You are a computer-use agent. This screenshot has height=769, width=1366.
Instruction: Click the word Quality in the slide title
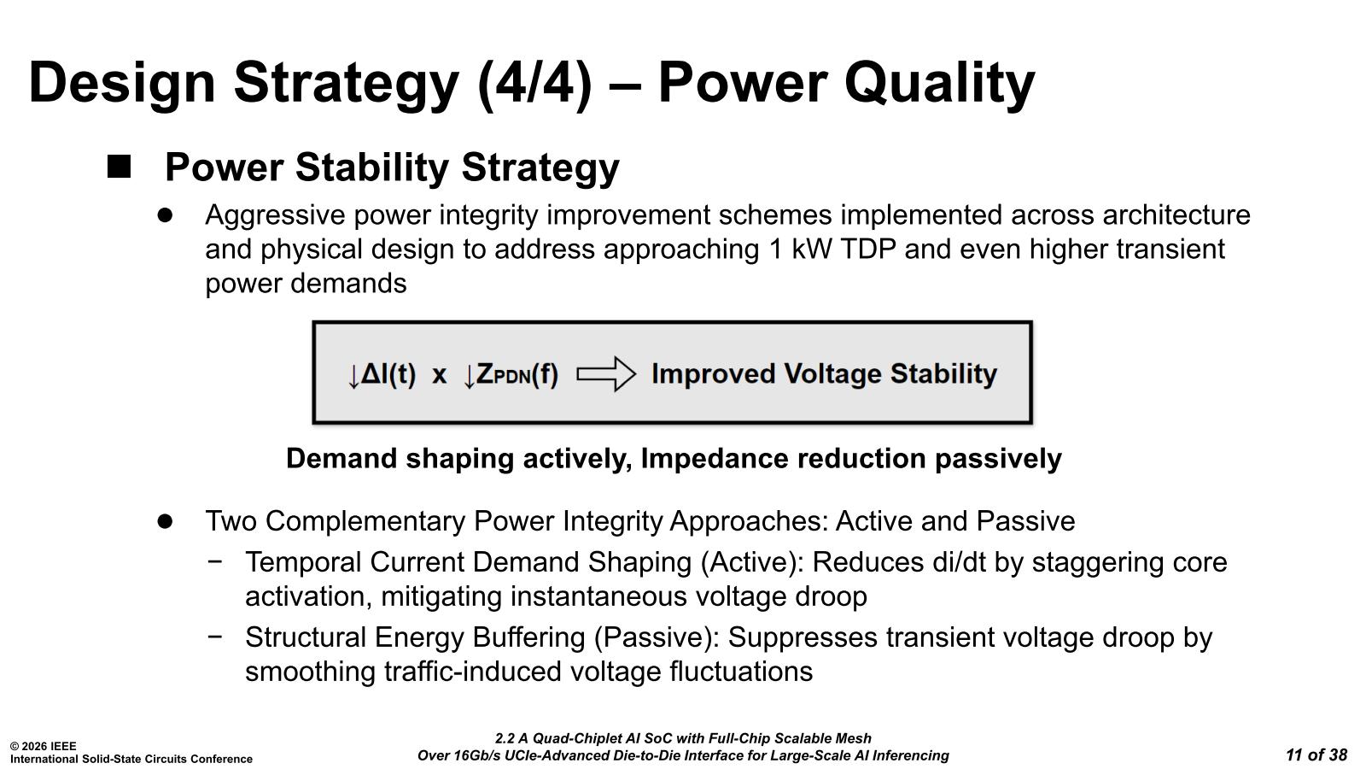click(x=939, y=85)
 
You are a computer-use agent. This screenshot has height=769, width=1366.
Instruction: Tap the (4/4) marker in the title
click(x=535, y=85)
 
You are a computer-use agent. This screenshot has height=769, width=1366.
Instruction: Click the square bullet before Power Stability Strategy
click(x=119, y=167)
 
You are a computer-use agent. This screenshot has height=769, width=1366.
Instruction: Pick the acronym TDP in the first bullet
click(x=867, y=249)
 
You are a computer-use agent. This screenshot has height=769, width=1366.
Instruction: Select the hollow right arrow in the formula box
click(x=606, y=373)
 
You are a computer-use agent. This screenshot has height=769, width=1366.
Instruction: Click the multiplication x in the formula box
click(x=439, y=375)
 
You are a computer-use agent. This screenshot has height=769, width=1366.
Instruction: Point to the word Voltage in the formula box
click(x=832, y=373)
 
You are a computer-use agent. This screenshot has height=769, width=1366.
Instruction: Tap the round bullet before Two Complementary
click(x=165, y=521)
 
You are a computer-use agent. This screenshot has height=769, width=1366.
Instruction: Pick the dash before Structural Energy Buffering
click(x=214, y=636)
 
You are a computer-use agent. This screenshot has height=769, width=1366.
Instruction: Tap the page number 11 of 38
click(x=1316, y=755)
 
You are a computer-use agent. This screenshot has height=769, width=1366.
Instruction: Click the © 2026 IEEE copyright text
click(x=44, y=746)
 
